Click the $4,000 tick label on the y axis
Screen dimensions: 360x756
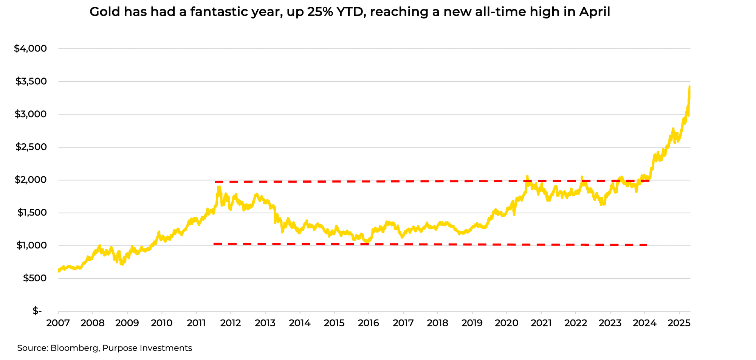(x=30, y=49)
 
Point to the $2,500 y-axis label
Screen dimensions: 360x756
(x=31, y=147)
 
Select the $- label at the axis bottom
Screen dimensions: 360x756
(x=37, y=311)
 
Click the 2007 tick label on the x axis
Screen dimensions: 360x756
(x=58, y=323)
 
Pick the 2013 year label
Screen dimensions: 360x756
(x=265, y=323)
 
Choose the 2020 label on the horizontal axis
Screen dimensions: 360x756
(x=507, y=323)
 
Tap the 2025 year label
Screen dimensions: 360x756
(x=679, y=323)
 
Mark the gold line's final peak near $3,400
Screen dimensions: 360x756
(x=689, y=87)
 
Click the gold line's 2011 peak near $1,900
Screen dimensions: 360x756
(x=219, y=187)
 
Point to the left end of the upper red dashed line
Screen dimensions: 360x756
(x=215, y=182)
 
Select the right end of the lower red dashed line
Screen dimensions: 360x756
(x=647, y=245)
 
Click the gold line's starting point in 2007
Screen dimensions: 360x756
(x=59, y=270)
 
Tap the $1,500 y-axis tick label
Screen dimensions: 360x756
(x=31, y=213)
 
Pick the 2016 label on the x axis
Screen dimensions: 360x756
(x=369, y=323)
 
